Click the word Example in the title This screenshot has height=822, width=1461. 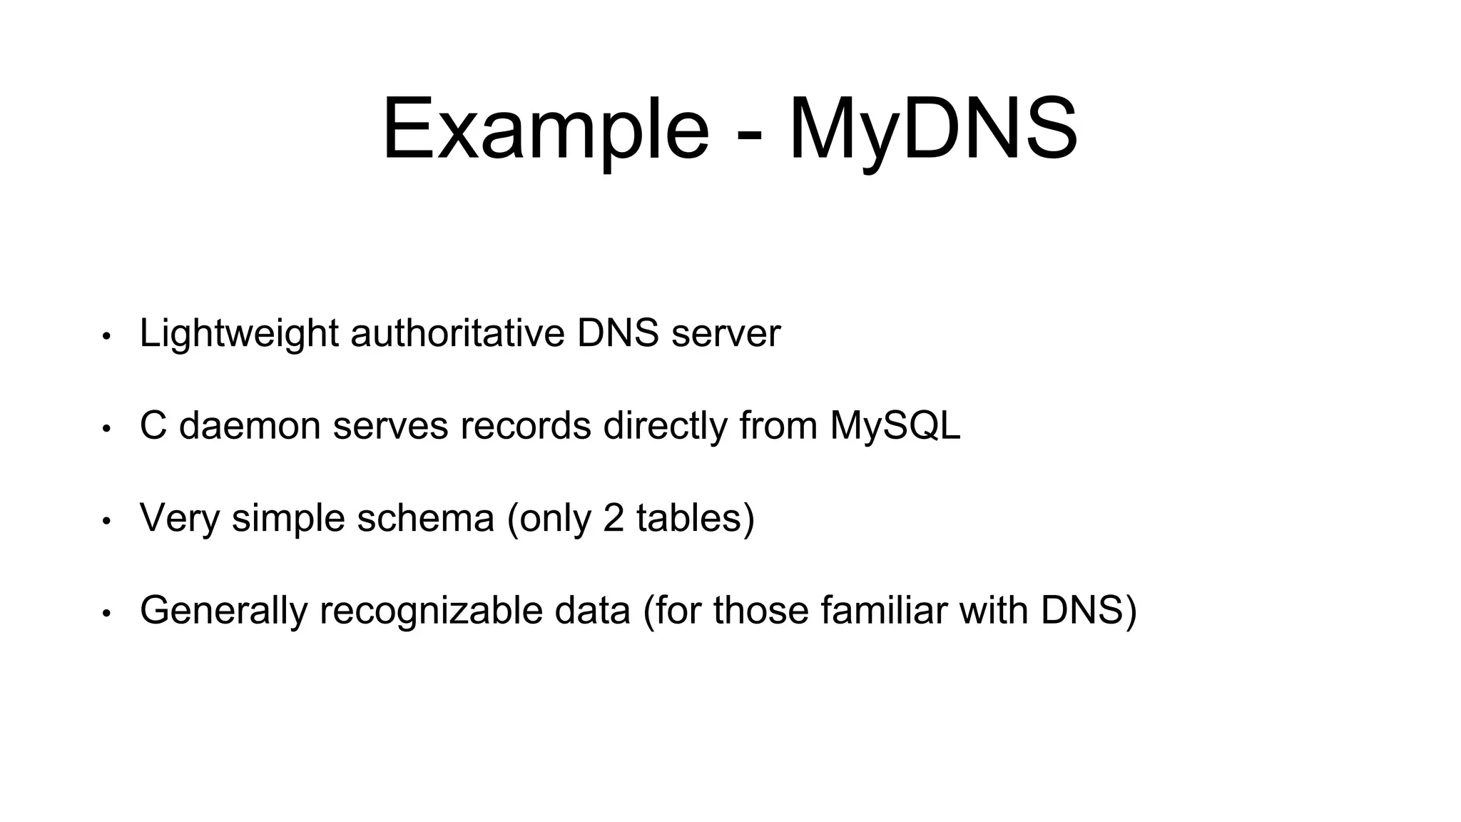click(x=546, y=130)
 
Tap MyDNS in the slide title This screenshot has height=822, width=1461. click(x=933, y=130)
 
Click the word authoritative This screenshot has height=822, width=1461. click(x=457, y=333)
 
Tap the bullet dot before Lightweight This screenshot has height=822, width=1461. click(x=106, y=336)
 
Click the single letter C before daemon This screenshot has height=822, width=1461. click(x=153, y=425)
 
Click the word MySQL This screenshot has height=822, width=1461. click(x=895, y=427)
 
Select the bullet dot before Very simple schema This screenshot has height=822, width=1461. click(x=106, y=521)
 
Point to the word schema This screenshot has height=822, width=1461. click(x=425, y=518)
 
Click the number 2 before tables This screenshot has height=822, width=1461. click(x=614, y=518)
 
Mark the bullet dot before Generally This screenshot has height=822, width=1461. click(x=106, y=614)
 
